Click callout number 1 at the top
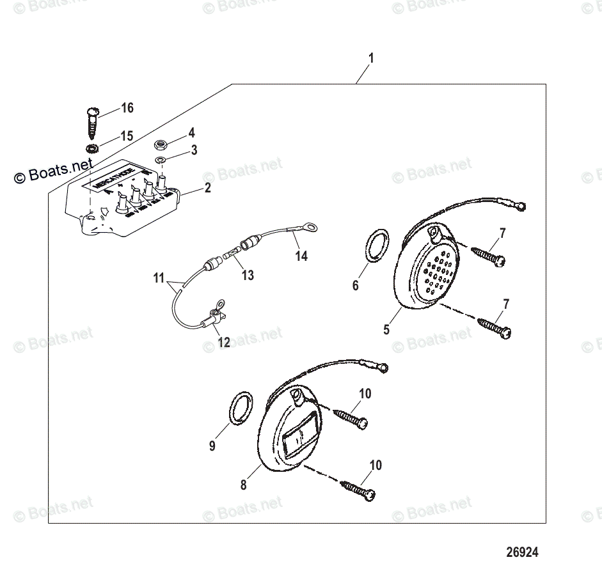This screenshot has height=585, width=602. click(x=370, y=58)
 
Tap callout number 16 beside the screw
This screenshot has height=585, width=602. click(x=127, y=108)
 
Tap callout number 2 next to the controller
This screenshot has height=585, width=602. click(x=207, y=188)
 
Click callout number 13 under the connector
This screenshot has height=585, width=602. click(x=247, y=275)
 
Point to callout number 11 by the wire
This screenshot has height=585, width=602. click(x=159, y=278)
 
